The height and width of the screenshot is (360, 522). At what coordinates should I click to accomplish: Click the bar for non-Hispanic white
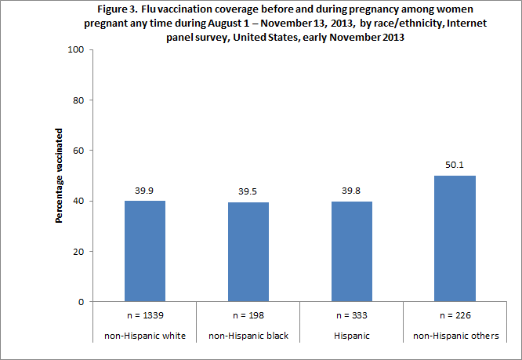(145, 251)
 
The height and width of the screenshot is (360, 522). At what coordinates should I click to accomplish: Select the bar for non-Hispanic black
(248, 252)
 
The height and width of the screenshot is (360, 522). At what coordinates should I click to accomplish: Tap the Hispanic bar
(352, 252)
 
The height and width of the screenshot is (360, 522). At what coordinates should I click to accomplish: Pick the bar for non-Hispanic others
(455, 238)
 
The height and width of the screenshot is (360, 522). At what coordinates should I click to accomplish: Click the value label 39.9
(145, 190)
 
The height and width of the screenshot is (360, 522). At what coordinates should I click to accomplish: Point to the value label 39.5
(248, 191)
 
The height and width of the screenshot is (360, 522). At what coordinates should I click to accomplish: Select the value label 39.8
(352, 191)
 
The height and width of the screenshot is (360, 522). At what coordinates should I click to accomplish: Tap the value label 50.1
(455, 165)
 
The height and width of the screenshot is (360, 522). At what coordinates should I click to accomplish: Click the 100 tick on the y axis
(79, 50)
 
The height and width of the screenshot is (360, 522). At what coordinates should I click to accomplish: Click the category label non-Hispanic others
(455, 336)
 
